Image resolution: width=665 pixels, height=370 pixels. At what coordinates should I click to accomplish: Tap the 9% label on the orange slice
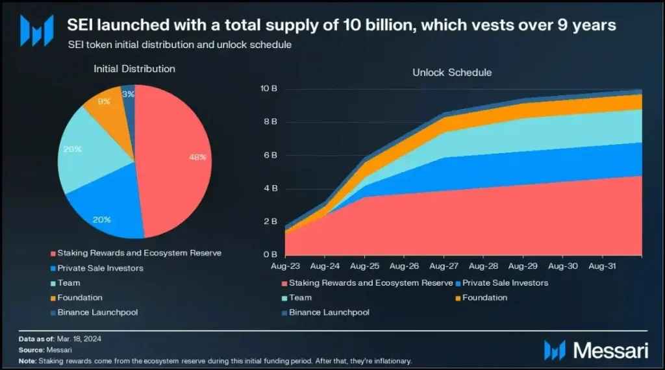tap(105, 102)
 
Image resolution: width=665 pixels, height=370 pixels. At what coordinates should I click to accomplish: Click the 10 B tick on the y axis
tap(269, 88)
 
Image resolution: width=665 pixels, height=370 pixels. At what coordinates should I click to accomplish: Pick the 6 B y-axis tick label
tap(270, 155)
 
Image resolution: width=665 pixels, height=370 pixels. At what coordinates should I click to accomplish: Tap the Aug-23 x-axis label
tap(285, 266)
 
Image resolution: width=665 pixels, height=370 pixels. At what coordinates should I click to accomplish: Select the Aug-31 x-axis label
tap(602, 266)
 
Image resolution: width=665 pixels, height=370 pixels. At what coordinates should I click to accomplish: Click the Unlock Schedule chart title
tap(452, 73)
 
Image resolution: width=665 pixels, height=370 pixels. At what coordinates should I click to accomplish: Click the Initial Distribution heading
tap(134, 68)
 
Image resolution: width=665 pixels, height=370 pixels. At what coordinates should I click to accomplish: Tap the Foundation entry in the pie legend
tap(80, 297)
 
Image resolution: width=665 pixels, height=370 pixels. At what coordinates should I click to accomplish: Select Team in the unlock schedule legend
tap(300, 297)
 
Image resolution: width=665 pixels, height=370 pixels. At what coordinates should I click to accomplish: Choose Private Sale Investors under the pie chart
tap(100, 267)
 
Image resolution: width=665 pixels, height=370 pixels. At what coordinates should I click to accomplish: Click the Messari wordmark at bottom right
tap(610, 349)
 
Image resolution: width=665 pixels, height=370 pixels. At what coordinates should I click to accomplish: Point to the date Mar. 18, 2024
tap(80, 339)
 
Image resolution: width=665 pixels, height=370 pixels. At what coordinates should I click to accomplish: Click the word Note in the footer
tap(27, 360)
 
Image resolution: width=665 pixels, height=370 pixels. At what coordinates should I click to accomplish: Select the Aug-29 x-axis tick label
tap(523, 266)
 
